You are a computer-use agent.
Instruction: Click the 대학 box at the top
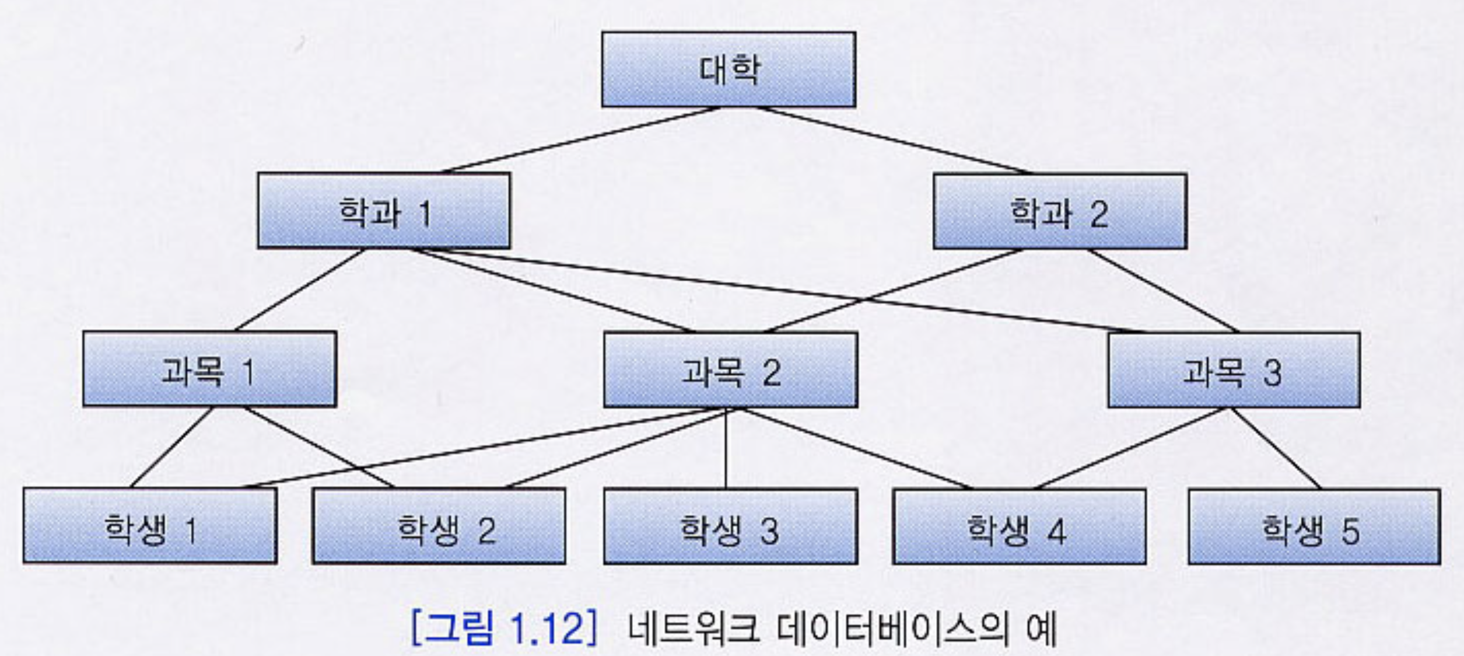tap(729, 69)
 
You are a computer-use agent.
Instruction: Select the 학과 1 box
tap(384, 211)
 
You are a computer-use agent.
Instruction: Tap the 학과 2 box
tap(1060, 211)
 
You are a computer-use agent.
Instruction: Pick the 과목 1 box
tap(209, 369)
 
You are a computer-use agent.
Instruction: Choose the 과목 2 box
tap(730, 370)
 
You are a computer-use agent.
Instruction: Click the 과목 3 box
tap(1234, 370)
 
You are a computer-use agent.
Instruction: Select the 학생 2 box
tap(439, 526)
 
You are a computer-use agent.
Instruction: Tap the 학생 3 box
tap(730, 526)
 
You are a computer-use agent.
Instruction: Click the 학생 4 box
tap(1019, 526)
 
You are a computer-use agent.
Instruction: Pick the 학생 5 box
tap(1314, 526)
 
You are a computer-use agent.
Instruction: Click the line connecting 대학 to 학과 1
tap(580, 140)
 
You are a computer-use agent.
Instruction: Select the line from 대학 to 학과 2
tap(892, 140)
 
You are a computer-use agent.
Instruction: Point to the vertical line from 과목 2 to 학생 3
tap(726, 448)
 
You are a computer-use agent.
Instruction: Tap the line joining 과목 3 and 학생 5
tap(1275, 448)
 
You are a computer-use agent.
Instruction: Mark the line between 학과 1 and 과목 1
tap(299, 290)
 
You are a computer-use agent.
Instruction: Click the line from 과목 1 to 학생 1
tap(171, 447)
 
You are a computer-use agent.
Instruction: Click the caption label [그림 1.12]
tap(504, 629)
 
